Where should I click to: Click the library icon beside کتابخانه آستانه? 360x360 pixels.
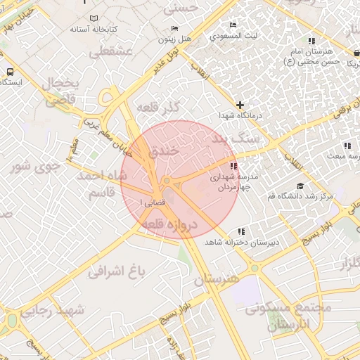85,20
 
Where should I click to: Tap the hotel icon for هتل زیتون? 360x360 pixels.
174,29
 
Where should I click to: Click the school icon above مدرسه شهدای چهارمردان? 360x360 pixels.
214,165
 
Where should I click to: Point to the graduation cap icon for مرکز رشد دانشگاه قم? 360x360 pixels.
301,186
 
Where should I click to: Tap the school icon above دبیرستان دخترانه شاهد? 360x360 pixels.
241,231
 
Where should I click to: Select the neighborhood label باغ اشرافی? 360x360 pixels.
115,271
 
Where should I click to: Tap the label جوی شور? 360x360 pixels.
32,167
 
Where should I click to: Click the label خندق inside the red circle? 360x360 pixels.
165,150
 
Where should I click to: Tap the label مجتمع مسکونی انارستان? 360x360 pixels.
281,316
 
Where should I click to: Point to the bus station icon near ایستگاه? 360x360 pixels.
10,72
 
